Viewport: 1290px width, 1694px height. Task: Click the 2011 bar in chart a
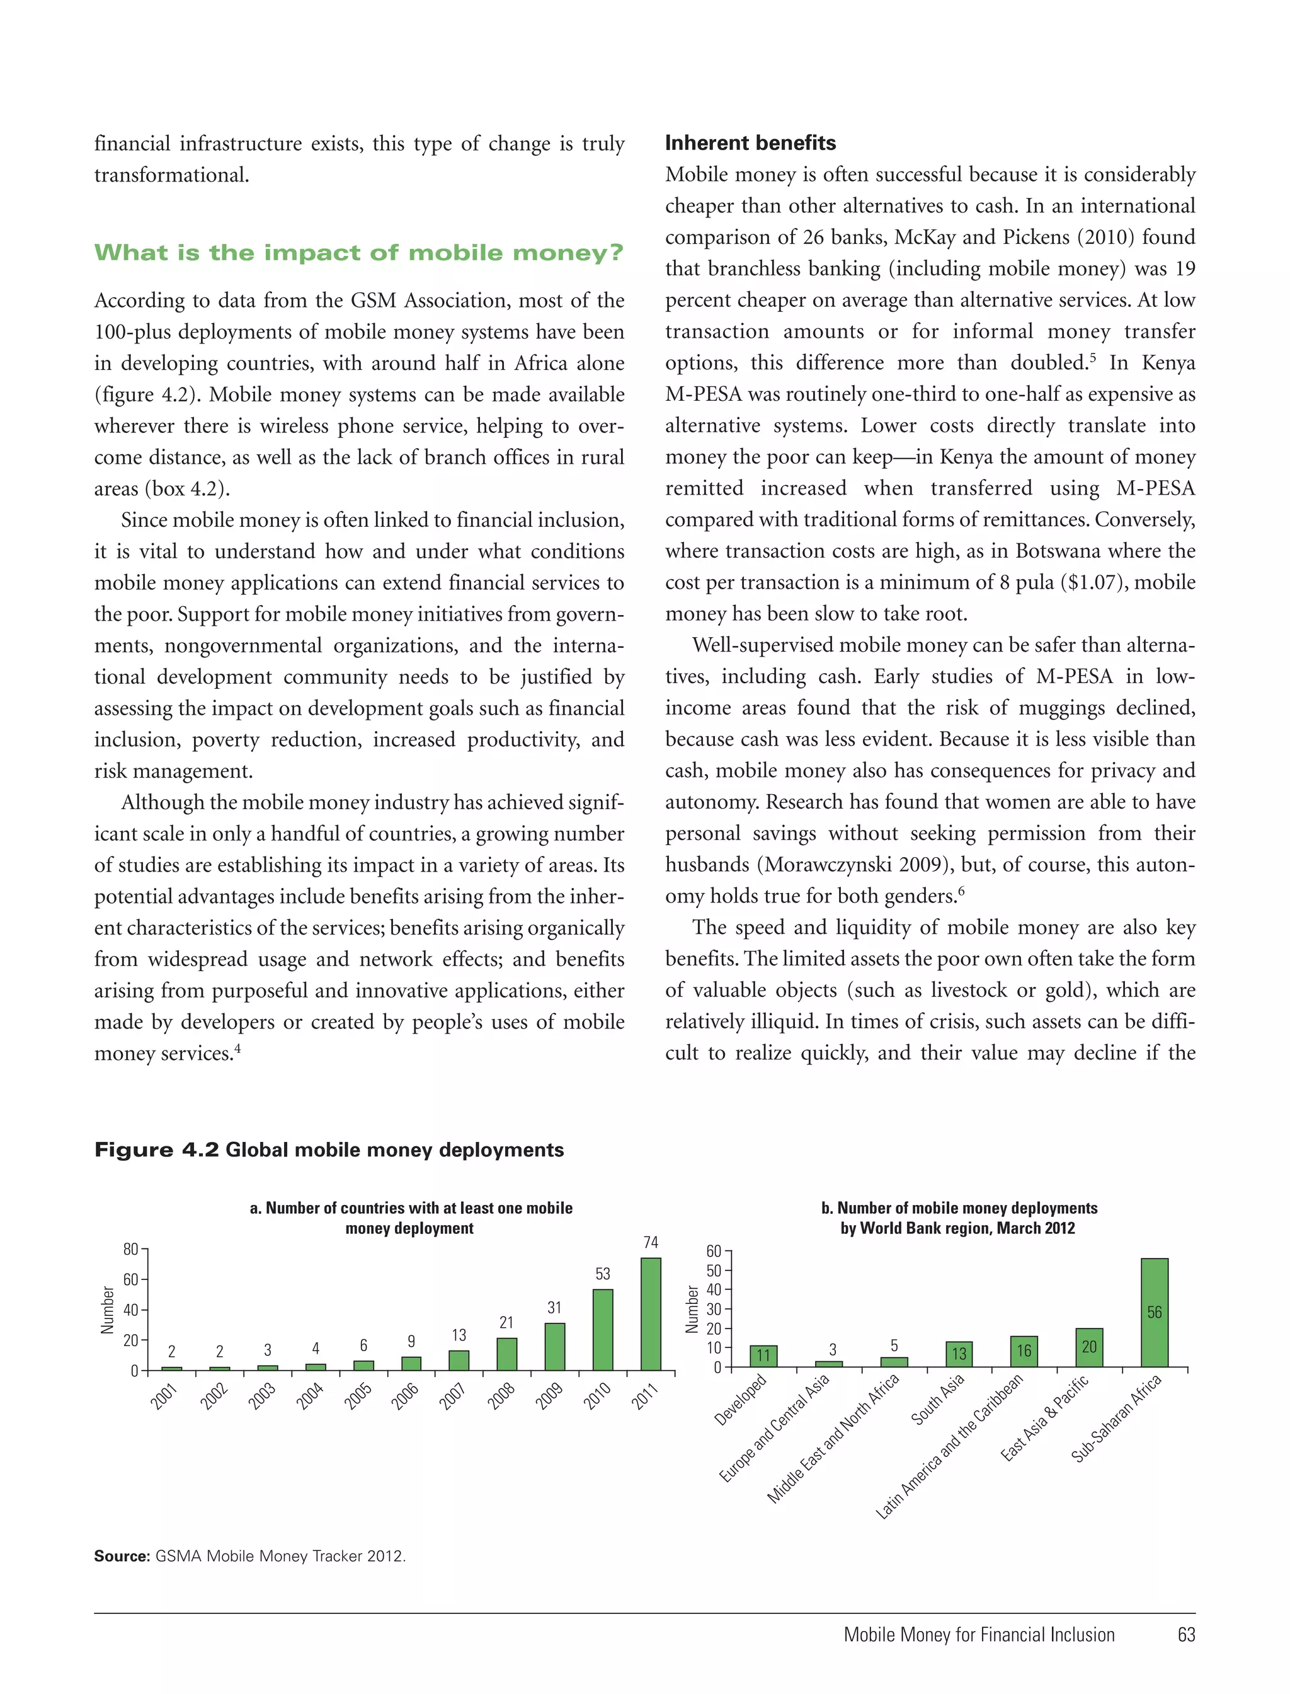coord(651,1314)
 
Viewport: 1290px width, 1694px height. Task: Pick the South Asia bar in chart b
coord(958,1354)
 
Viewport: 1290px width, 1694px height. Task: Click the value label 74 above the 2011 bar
coord(651,1242)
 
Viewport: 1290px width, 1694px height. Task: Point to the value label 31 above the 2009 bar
coord(554,1307)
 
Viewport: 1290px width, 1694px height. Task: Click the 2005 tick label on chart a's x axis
coord(358,1395)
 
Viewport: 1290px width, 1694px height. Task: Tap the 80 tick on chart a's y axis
coord(130,1249)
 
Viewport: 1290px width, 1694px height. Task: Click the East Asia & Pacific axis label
coord(1046,1417)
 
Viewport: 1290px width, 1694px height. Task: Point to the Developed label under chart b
coord(741,1400)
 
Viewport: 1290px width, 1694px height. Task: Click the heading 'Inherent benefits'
coord(750,143)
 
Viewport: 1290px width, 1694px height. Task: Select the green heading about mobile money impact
coord(358,253)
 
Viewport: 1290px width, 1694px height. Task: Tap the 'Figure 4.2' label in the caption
coord(157,1150)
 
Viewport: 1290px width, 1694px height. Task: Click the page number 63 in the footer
coord(1185,1635)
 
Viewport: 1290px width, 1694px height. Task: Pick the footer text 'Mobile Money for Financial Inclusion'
coord(979,1635)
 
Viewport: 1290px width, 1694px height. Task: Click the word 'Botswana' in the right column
coord(1066,551)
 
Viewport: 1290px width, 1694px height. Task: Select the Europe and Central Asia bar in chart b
coord(828,1364)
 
